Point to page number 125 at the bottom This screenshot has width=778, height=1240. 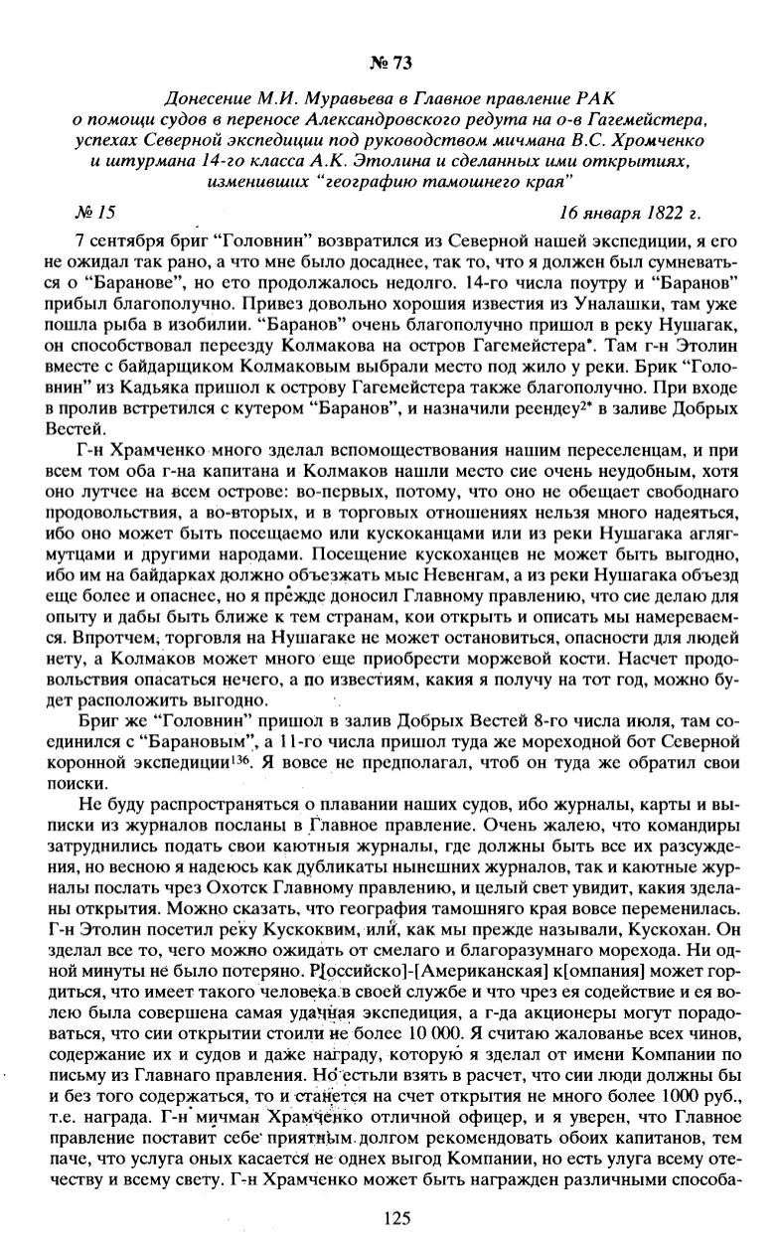396,1218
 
